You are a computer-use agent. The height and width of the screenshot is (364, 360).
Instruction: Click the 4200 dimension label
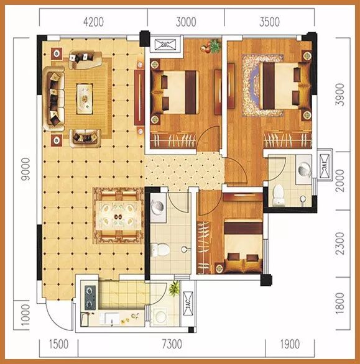tap(93, 22)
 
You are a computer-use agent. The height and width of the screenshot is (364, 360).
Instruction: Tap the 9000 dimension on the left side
tap(25, 169)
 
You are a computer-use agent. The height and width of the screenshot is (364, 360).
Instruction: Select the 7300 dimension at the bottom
tap(172, 344)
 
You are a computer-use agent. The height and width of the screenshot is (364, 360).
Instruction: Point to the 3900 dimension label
tap(340, 94)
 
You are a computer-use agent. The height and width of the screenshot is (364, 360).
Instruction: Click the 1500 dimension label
tap(58, 344)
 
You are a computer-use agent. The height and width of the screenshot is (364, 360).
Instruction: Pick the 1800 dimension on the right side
tap(340, 303)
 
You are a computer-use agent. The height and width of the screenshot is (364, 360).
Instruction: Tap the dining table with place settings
tap(119, 216)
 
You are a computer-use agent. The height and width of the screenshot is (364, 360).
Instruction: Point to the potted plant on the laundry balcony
tap(174, 289)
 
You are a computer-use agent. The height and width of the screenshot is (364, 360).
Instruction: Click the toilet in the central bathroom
tap(160, 250)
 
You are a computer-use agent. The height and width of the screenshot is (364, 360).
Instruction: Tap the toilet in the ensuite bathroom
tap(279, 195)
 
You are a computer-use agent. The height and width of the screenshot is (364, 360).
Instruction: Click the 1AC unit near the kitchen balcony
tap(188, 303)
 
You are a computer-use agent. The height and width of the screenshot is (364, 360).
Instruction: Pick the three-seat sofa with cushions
tap(54, 99)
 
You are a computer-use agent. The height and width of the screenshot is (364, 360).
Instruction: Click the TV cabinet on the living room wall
tap(139, 98)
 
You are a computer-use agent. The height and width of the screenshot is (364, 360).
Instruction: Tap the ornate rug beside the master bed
tap(262, 85)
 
